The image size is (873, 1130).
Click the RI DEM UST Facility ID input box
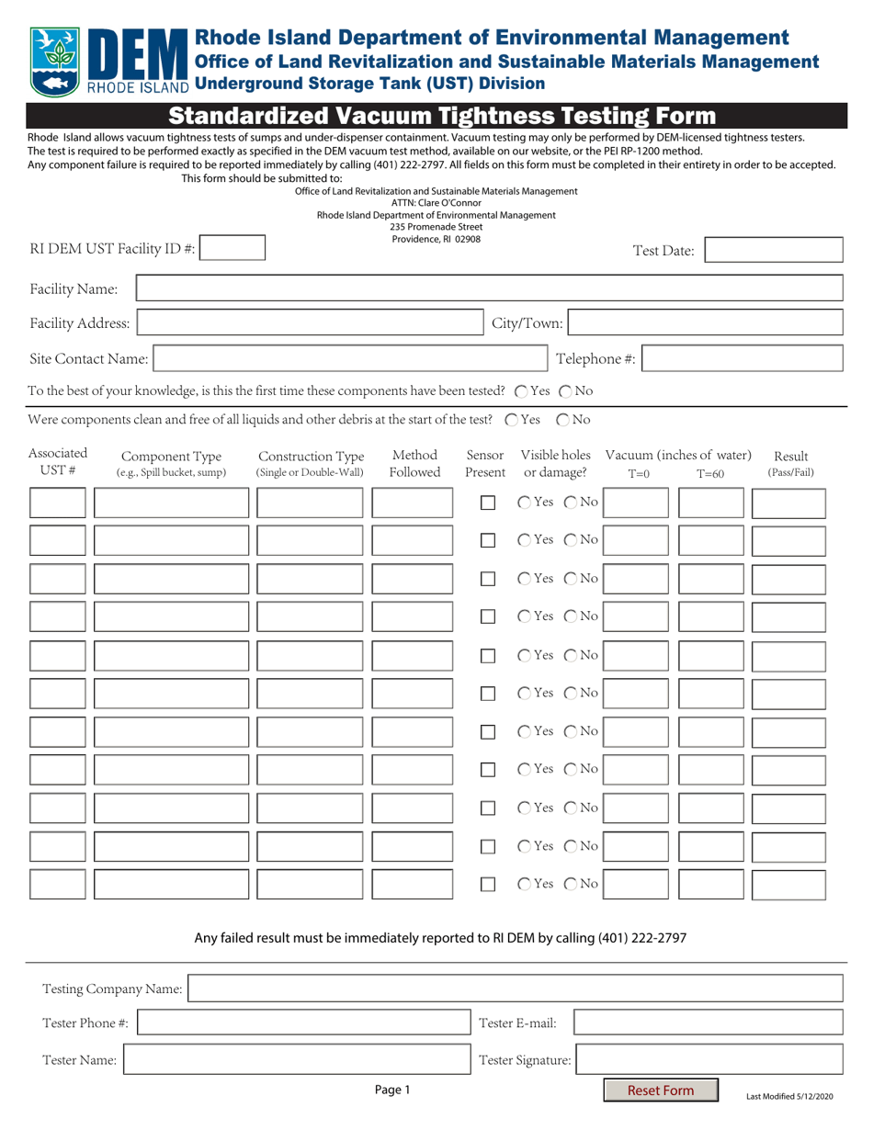point(232,248)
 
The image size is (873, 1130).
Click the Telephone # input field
point(742,358)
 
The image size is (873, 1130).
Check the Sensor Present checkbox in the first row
point(489,503)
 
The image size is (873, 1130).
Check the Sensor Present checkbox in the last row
point(489,884)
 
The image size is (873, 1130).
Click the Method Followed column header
point(414,463)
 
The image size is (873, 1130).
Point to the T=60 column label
point(710,474)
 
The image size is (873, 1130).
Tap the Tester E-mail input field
point(708,1023)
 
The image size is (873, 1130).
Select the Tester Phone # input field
point(303,1023)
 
